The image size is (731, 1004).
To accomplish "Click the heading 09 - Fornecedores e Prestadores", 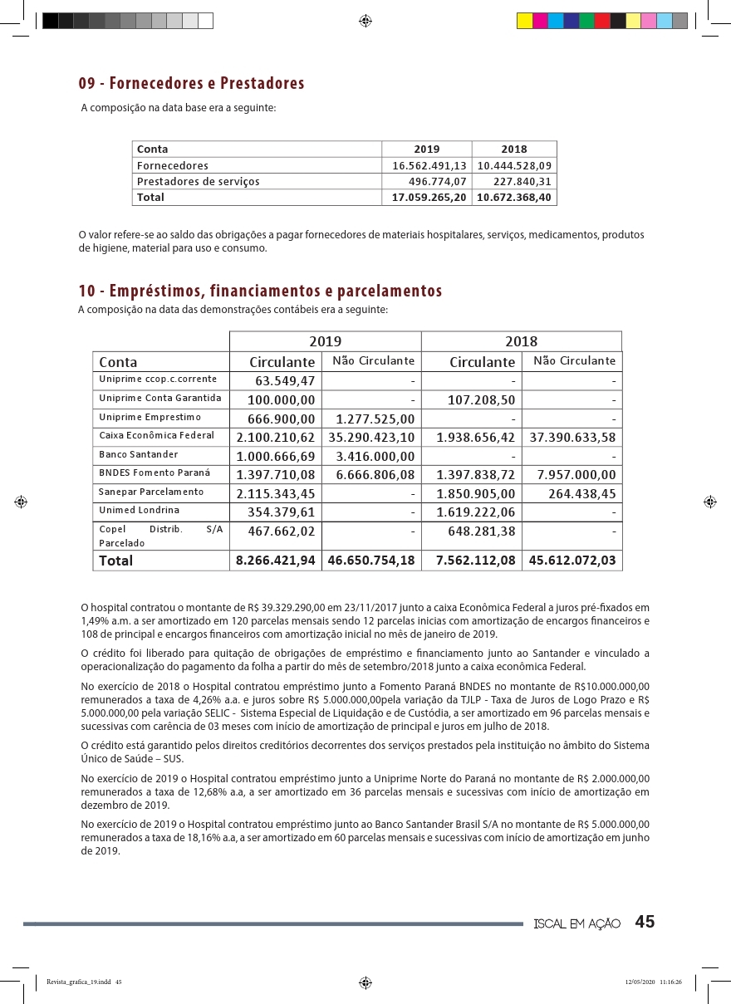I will coord(191,84).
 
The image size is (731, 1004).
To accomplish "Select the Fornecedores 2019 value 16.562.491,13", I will coord(429,165).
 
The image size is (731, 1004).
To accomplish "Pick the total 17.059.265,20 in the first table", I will coord(429,198).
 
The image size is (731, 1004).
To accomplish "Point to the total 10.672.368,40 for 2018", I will coord(515,198).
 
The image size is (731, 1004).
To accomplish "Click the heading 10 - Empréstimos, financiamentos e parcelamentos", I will coord(260,291).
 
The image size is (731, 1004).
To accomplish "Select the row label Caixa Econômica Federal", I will coord(156,435).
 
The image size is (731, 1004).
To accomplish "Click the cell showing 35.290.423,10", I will coord(371,437).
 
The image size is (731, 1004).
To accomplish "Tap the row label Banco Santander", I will coord(138,454).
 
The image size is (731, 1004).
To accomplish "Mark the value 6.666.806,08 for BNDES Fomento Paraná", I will coord(371,475).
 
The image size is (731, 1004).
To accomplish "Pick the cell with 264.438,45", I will coord(582,494).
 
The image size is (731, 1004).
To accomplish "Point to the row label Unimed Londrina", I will coord(139,510).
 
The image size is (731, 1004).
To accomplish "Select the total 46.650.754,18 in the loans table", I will coord(371,561).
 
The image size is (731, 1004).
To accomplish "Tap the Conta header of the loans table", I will coord(118,362).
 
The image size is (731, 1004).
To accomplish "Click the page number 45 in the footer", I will coord(645,923).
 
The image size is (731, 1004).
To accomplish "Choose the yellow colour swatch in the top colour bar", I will coord(525,21).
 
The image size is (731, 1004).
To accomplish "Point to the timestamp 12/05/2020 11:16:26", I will coord(653,982).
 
